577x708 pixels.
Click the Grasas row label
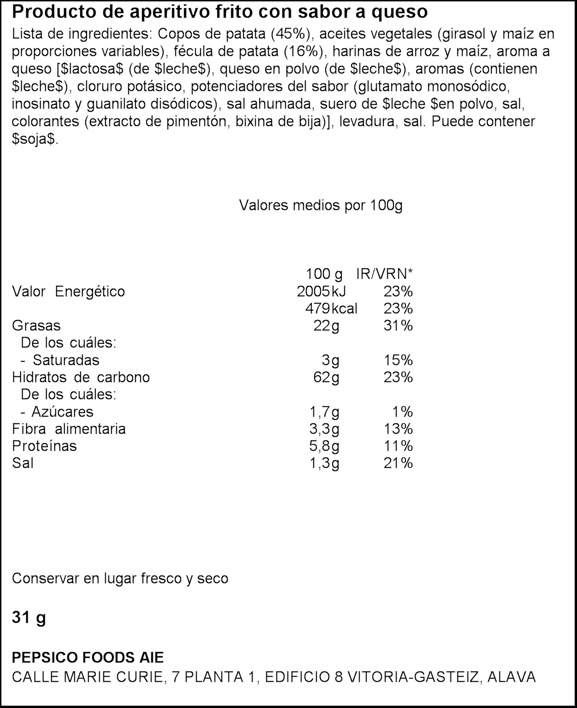36,326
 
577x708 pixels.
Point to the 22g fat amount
326,326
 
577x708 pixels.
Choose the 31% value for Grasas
398,326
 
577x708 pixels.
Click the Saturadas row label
66,360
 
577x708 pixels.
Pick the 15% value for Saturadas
398,360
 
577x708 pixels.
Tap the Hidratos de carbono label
81,377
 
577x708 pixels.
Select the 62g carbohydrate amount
326,377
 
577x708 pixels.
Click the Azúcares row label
62,412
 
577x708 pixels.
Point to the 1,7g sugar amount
324,412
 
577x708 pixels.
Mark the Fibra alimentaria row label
69,429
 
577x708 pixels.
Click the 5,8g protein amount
324,446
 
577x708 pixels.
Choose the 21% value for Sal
398,463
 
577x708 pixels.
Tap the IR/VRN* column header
384,274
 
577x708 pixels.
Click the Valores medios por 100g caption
321,206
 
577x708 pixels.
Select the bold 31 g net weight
29,618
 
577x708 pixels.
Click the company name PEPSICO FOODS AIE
88,657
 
